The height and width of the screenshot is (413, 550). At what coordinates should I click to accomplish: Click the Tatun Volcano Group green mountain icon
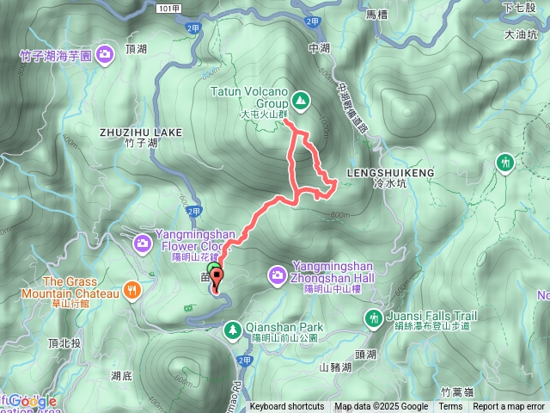click(300, 102)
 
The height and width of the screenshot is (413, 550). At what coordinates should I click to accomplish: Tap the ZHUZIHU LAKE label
click(140, 132)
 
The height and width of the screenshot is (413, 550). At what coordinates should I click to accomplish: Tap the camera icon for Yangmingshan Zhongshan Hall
click(278, 274)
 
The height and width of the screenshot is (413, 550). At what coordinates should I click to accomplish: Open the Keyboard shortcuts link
click(287, 407)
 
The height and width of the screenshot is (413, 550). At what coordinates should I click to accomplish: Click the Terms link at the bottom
click(450, 407)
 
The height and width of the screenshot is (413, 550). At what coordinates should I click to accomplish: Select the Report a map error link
click(510, 407)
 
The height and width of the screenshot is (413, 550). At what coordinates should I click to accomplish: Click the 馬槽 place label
click(377, 15)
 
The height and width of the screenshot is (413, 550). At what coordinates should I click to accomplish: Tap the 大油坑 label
click(520, 35)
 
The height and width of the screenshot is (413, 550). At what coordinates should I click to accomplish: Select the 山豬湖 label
click(334, 367)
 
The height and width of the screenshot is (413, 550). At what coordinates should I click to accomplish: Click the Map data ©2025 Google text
click(382, 407)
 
